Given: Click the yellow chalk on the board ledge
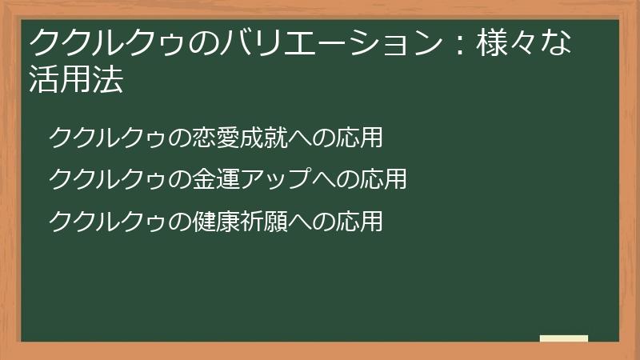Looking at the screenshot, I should coord(564,338).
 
